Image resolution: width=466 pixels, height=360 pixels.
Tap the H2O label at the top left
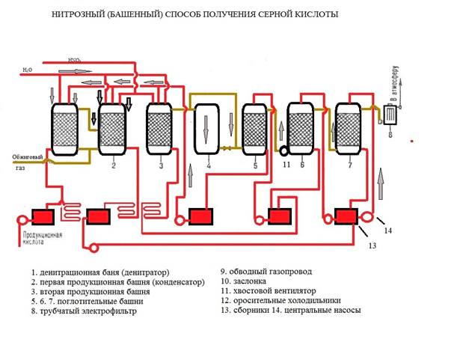click(28, 70)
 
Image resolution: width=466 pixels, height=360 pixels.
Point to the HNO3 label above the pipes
click(75, 59)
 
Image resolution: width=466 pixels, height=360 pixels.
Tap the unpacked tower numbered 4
click(206, 129)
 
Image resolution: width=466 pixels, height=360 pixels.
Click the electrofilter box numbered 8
click(390, 116)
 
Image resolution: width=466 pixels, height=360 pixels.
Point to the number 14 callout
click(387, 230)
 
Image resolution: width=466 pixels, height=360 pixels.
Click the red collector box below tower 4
click(200, 216)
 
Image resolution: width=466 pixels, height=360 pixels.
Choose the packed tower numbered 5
click(254, 127)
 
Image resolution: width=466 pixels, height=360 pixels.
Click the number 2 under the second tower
click(113, 165)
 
